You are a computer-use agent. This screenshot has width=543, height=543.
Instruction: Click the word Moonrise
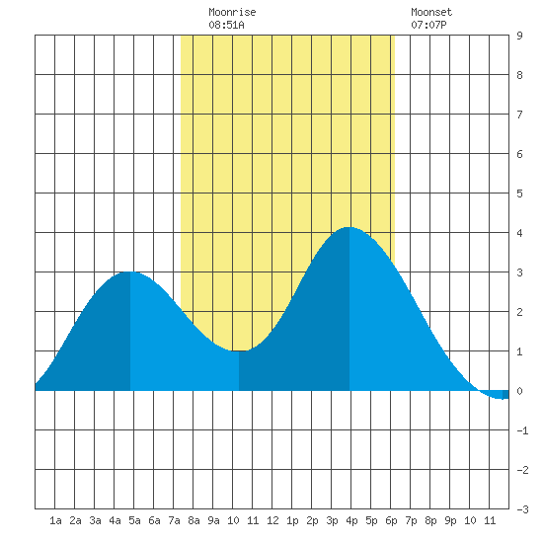pos(232,12)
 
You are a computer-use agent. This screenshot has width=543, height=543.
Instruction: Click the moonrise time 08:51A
pos(226,25)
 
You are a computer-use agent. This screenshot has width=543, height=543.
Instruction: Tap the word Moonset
pos(431,12)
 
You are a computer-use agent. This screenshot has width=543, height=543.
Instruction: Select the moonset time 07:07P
pos(428,25)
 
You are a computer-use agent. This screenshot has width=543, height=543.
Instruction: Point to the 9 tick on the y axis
pos(519,36)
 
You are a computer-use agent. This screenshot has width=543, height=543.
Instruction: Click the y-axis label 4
pos(519,233)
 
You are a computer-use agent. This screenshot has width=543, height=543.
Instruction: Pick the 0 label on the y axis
pos(519,391)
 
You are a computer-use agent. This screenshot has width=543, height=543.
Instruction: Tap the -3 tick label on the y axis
pos(522,509)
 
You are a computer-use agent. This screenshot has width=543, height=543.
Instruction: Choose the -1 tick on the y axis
pos(522,430)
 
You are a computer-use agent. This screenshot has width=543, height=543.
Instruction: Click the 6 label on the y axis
pos(519,154)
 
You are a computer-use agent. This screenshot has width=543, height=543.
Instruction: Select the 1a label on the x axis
pos(55,520)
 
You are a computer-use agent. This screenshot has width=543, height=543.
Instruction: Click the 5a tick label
pos(134,520)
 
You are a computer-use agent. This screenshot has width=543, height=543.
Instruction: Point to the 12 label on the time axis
pos(272,520)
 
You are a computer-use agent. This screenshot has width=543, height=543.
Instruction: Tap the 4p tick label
pos(351,520)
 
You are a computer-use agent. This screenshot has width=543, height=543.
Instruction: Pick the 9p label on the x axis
pos(450,520)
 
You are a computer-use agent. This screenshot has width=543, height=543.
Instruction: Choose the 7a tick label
pos(174,520)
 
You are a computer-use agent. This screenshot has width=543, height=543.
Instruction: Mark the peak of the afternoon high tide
pos(349,227)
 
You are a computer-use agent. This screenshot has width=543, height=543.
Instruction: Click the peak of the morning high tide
pos(130,271)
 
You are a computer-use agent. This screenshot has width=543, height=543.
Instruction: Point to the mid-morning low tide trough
pos(239,350)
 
